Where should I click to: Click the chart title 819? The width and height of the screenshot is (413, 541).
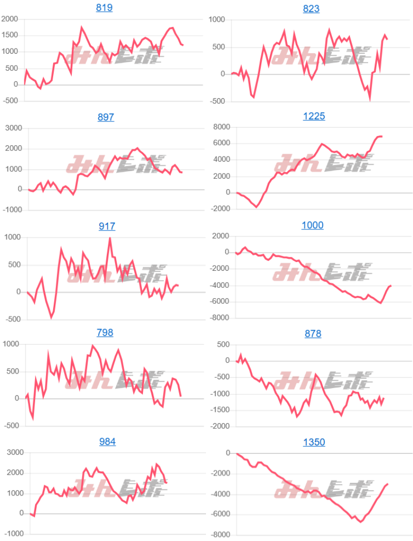coord(104,8)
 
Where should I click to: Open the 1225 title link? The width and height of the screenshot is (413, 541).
coord(313,116)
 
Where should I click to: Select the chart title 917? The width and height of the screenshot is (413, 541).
coord(106,226)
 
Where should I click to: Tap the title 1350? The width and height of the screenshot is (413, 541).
coord(313,442)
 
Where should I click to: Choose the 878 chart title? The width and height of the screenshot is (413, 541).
coord(313,334)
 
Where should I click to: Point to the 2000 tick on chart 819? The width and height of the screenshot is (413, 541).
coord(9,20)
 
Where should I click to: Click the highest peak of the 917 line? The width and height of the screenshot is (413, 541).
coord(110,238)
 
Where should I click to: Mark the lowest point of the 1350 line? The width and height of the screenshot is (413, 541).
coord(361,522)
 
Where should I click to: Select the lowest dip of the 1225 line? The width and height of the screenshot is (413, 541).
coord(257,207)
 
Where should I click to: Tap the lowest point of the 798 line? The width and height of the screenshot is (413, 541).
coord(33,419)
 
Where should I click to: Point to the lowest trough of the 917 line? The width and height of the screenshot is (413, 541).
coord(51,318)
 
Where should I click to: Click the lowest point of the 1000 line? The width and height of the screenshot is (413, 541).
coord(381,303)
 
